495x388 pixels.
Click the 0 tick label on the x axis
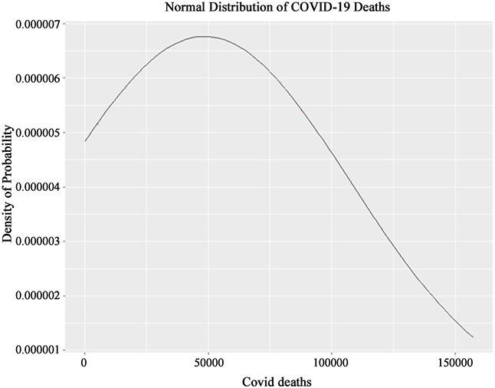84,361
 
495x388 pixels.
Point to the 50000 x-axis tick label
208,361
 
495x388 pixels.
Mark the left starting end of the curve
85,141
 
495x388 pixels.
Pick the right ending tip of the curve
473,337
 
